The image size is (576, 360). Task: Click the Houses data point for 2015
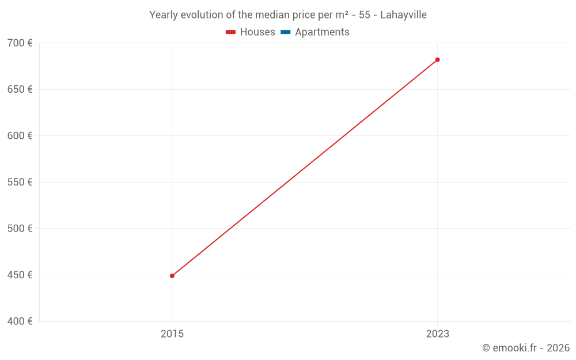(172, 276)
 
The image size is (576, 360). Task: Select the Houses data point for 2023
(437, 60)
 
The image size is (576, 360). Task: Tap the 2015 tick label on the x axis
(172, 334)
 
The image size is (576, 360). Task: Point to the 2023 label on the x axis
(437, 334)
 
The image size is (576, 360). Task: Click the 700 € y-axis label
(20, 43)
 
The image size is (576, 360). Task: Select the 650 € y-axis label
(20, 89)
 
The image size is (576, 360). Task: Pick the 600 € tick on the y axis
(20, 136)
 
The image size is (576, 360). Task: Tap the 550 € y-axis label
(20, 182)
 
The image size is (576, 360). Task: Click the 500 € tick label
(20, 229)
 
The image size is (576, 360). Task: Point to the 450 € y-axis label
(20, 275)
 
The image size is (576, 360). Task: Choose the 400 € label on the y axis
(20, 321)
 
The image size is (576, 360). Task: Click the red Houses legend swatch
(231, 32)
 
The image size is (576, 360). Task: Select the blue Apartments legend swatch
(285, 32)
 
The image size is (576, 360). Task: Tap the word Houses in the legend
(257, 32)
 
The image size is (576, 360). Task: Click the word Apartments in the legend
(322, 32)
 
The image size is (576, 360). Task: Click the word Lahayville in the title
(403, 15)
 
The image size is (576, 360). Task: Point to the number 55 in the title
(364, 15)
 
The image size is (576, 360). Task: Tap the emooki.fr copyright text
(526, 348)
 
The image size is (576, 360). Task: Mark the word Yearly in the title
(164, 15)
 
